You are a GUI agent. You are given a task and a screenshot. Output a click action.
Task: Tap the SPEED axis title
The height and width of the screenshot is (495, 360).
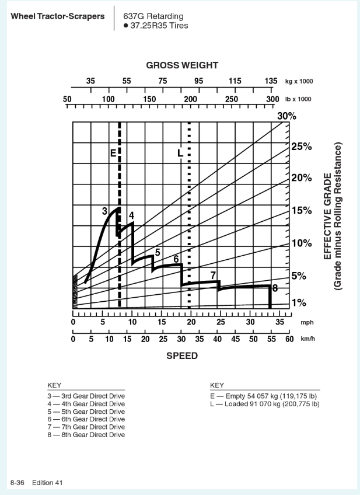[x=182, y=356]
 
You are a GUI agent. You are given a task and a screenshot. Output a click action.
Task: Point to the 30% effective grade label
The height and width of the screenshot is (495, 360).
[x=286, y=117]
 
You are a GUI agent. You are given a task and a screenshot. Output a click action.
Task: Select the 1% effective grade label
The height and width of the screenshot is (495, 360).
[x=299, y=302]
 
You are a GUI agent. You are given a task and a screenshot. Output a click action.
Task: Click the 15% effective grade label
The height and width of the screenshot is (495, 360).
[x=301, y=210]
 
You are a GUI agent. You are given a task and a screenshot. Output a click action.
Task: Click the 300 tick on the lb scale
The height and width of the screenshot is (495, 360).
[x=272, y=99]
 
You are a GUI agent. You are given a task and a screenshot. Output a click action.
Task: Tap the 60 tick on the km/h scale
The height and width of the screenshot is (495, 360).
[x=289, y=339]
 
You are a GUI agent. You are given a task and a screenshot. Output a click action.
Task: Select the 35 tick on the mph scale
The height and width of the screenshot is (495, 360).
[x=279, y=321]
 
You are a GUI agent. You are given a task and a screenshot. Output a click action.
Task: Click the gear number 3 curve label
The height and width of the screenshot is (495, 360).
[x=104, y=210]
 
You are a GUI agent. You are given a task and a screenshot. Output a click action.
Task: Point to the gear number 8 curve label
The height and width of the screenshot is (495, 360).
[x=275, y=287]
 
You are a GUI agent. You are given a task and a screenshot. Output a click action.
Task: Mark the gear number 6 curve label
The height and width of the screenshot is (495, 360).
[x=176, y=259]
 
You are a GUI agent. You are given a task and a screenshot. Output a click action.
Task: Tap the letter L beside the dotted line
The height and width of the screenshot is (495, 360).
[x=180, y=153]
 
